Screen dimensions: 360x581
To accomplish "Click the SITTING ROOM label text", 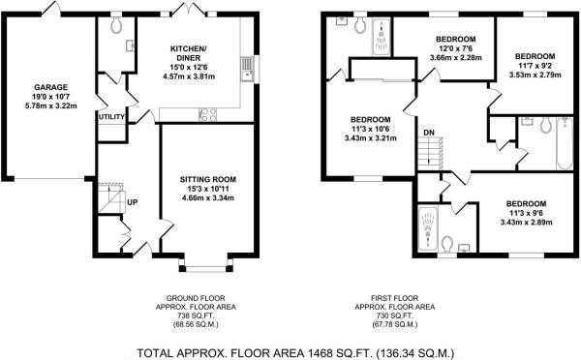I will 208,179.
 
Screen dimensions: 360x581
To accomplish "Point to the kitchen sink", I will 249,67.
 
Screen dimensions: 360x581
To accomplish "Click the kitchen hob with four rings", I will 207,114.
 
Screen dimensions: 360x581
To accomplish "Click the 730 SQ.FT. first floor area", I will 400,316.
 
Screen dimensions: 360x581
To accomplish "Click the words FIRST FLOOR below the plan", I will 400,297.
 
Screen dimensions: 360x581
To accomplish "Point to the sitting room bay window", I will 202,264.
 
